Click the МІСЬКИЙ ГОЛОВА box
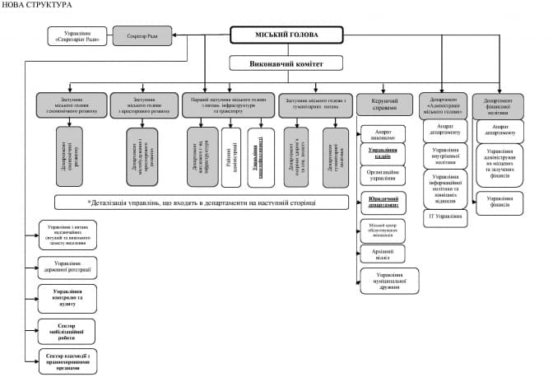[285, 35]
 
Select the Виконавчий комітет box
[285, 63]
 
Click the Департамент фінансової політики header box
[497, 105]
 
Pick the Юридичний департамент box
[384, 202]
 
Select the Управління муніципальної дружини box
[384, 280]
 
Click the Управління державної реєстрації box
[67, 267]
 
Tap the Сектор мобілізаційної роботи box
[67, 331]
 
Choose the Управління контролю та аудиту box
[67, 297]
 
